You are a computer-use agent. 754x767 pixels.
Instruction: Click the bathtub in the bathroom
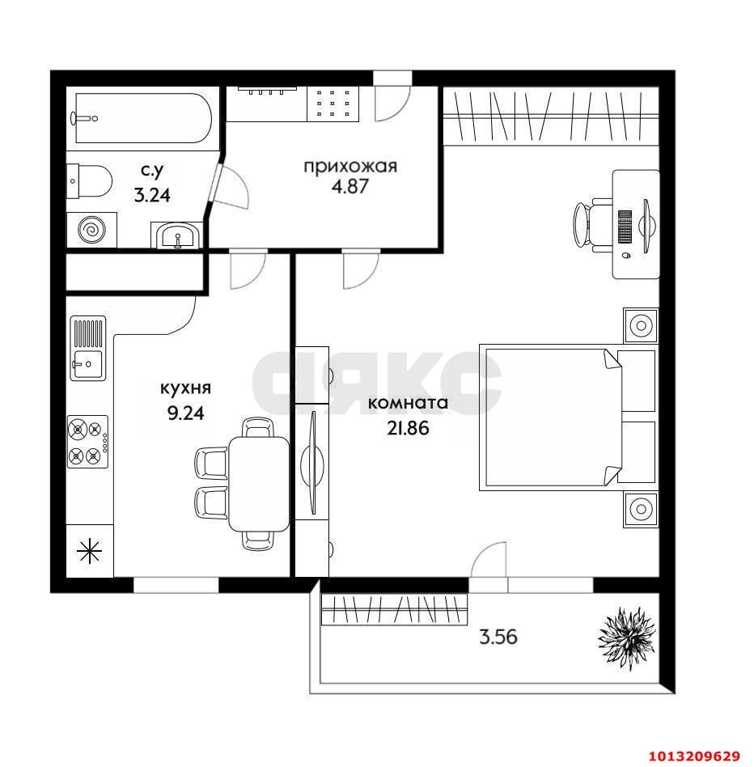pyautogui.click(x=142, y=118)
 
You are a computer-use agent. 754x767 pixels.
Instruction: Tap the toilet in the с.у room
pyautogui.click(x=89, y=181)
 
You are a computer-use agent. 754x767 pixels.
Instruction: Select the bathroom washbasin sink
pyautogui.click(x=177, y=235)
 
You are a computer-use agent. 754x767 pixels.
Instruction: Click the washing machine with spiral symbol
pyautogui.click(x=92, y=230)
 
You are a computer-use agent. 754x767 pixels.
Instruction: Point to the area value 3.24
pyautogui.click(x=152, y=196)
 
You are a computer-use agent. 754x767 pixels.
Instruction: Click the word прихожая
pyautogui.click(x=350, y=167)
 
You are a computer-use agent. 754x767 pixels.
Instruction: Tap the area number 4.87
pyautogui.click(x=349, y=186)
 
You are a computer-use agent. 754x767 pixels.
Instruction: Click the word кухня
pyautogui.click(x=185, y=388)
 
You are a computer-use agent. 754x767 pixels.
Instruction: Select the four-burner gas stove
pyautogui.click(x=87, y=442)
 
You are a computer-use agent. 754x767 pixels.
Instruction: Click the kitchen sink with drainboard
pyautogui.click(x=88, y=348)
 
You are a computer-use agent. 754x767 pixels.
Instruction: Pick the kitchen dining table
pyautogui.click(x=259, y=483)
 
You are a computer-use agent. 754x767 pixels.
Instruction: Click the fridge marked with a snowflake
pyautogui.click(x=90, y=551)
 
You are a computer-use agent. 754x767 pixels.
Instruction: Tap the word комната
pyautogui.click(x=408, y=404)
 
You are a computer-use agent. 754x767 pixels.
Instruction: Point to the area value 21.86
pyautogui.click(x=408, y=428)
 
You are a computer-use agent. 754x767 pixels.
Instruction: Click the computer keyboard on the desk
pyautogui.click(x=625, y=227)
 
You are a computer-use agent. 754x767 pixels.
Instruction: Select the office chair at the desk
pyautogui.click(x=591, y=226)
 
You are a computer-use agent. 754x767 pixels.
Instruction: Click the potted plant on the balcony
pyautogui.click(x=626, y=637)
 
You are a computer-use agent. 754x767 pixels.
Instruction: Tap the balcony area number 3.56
pyautogui.click(x=498, y=637)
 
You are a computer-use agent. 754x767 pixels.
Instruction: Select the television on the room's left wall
pyautogui.click(x=312, y=462)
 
